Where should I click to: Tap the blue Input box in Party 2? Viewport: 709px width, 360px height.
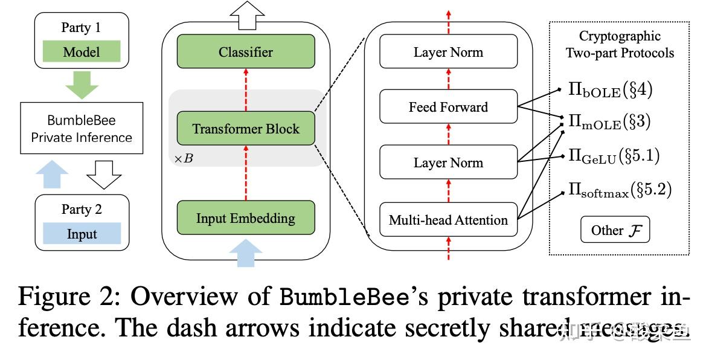[x=82, y=234]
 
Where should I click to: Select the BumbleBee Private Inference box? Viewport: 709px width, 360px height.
[x=82, y=129]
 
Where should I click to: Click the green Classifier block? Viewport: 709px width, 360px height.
[x=245, y=51]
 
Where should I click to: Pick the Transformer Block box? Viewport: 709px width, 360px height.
[x=245, y=128]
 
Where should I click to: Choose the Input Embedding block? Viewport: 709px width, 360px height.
[x=245, y=218]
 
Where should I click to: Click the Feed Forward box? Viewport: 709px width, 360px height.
[x=448, y=107]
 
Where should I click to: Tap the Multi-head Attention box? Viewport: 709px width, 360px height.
[x=448, y=220]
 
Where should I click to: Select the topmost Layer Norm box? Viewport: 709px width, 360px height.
[x=448, y=51]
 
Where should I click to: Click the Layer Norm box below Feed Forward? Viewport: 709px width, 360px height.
[x=448, y=162]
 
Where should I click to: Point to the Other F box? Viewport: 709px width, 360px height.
[x=615, y=230]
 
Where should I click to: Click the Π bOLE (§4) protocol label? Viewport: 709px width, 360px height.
[x=610, y=91]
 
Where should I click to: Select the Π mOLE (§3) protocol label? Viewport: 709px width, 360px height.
[x=610, y=123]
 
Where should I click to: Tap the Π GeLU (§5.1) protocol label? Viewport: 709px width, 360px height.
[x=613, y=156]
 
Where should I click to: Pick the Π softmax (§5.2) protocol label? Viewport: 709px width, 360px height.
[x=619, y=190]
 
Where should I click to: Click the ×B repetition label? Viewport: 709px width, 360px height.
[x=183, y=159]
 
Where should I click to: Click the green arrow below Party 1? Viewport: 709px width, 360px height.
[x=82, y=85]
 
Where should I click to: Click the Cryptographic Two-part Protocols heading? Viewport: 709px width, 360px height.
[x=619, y=45]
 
